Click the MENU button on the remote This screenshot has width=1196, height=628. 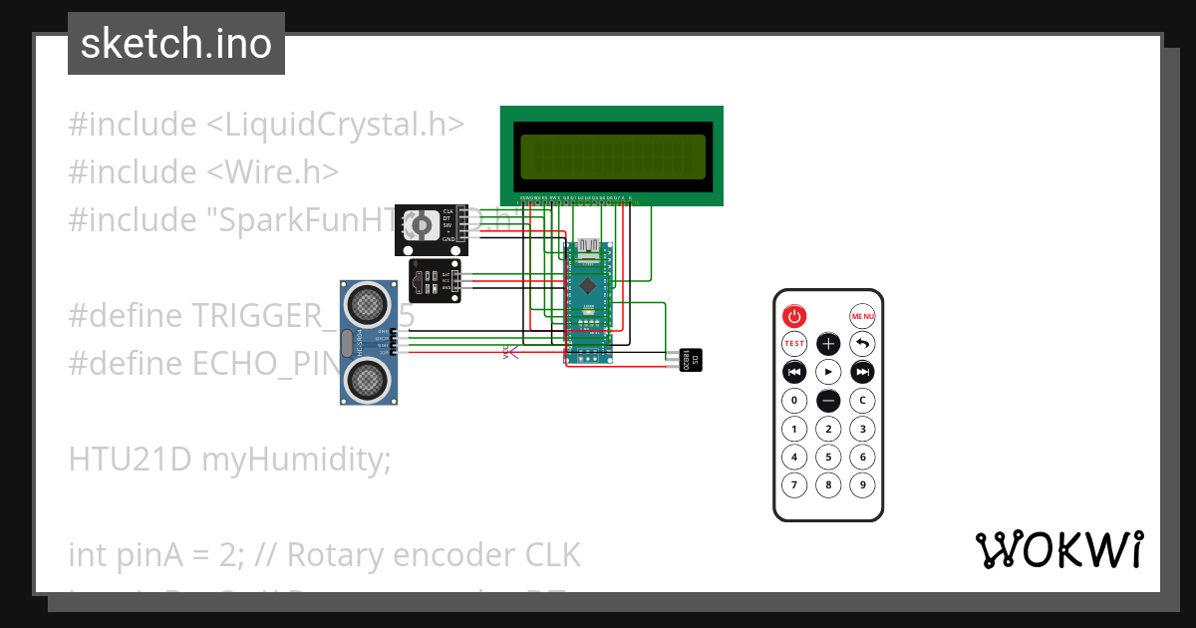click(x=862, y=316)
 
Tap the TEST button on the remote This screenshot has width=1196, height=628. click(x=794, y=344)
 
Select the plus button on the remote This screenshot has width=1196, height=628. click(x=828, y=344)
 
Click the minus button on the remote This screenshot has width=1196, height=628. click(x=828, y=401)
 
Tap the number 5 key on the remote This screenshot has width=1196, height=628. click(x=828, y=458)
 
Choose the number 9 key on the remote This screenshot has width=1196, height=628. click(x=862, y=485)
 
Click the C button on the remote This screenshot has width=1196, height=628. click(x=862, y=401)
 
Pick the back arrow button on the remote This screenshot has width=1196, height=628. click(x=862, y=344)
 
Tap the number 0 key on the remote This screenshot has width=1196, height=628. click(x=794, y=401)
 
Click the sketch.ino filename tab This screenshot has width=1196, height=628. click(x=176, y=45)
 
